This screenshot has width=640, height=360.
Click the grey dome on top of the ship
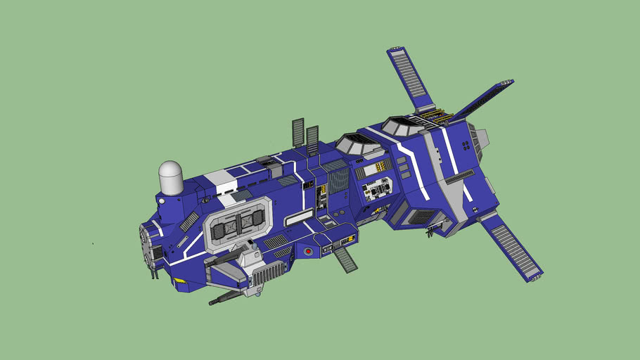(171, 176)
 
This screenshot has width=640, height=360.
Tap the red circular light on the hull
(307, 251)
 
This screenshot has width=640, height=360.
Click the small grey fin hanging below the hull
(345, 259)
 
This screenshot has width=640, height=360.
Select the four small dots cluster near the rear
(466, 145)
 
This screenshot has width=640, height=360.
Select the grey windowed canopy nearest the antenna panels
(359, 145)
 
